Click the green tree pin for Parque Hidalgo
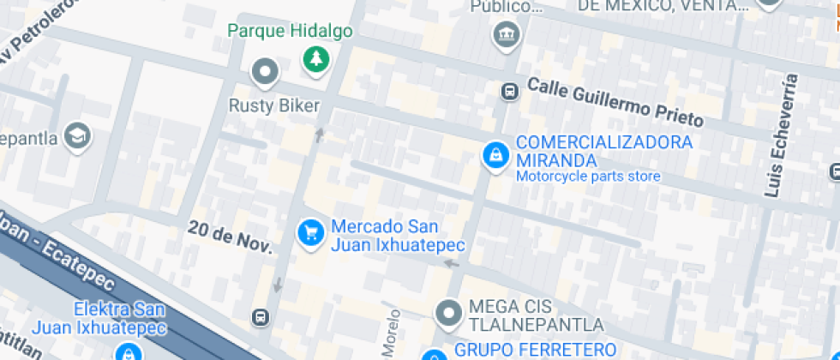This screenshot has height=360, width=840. click(317, 58)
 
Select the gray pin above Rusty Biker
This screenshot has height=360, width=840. click(265, 71)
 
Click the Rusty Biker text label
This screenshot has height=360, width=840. click(273, 106)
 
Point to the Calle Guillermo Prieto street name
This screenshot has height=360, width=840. click(615, 101)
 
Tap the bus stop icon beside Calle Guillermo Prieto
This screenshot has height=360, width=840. click(510, 90)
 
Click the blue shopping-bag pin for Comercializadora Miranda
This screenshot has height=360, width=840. click(494, 154)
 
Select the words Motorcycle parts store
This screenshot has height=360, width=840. click(587, 177)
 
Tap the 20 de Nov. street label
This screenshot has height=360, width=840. click(230, 237)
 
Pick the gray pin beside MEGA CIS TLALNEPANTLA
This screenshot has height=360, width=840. click(448, 313)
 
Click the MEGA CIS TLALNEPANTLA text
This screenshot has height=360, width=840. click(536, 316)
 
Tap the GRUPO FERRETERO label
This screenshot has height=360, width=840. click(535, 349)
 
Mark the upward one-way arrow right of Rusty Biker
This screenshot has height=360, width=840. click(320, 134)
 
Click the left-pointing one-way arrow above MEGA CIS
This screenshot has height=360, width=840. click(451, 264)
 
